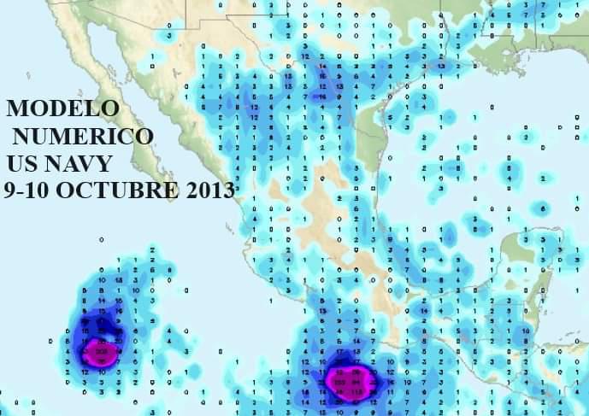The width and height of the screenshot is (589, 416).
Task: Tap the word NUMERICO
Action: point(84,136)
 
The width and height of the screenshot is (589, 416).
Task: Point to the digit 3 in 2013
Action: point(227,190)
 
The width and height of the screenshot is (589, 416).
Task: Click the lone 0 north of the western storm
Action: point(101,240)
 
